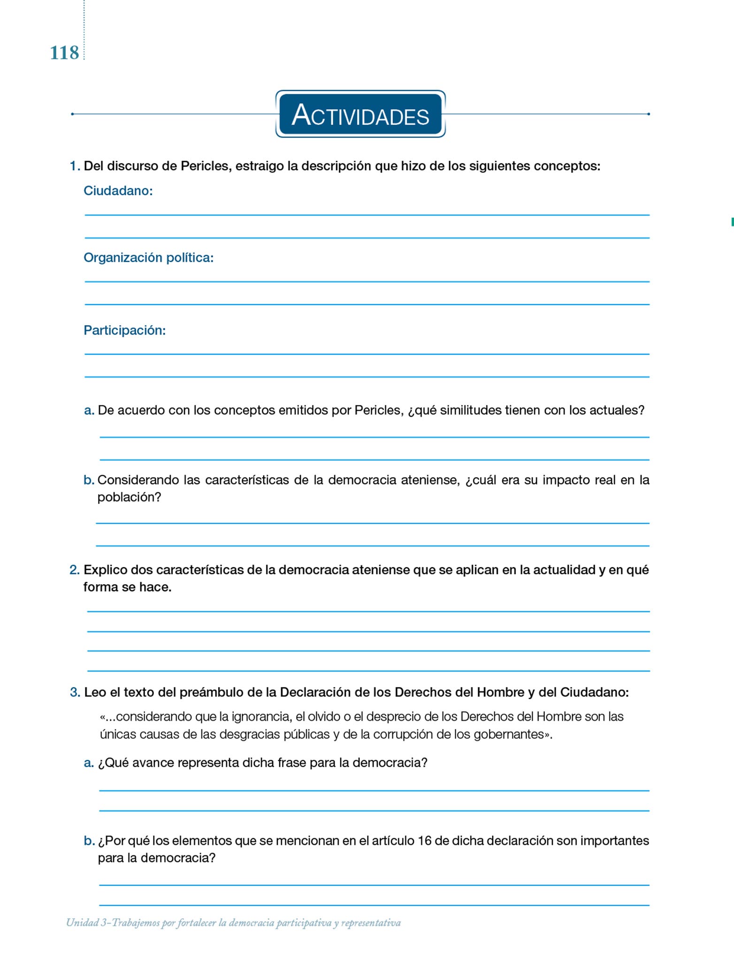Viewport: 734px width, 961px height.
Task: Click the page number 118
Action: (64, 53)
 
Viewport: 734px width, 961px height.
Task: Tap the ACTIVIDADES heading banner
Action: (360, 114)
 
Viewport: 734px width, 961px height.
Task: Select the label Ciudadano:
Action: (118, 191)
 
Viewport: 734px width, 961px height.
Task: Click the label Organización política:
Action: (148, 258)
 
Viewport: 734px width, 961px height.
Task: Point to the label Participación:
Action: (124, 330)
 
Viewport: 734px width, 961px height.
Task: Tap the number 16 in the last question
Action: (424, 840)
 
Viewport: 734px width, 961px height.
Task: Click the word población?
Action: (129, 497)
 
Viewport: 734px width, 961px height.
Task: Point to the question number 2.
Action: (74, 570)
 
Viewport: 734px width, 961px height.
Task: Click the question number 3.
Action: (75, 692)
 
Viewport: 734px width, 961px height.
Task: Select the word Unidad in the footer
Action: (82, 923)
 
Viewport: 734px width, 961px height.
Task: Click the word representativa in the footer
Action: (371, 923)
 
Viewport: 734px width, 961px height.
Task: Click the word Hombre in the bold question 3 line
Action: (501, 692)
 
